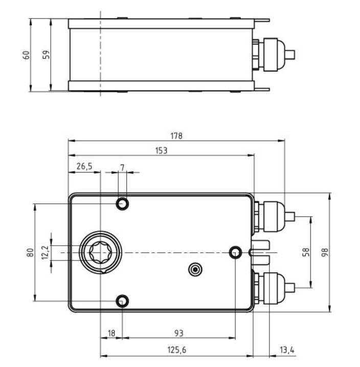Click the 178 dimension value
click(176, 136)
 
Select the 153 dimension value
click(161, 150)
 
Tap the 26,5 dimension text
click(84, 166)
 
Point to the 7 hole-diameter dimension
click(122, 167)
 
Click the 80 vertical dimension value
click(31, 252)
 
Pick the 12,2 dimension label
click(46, 252)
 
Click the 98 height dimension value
click(325, 252)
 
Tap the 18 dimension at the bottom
click(111, 333)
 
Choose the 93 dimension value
click(179, 333)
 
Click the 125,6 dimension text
click(177, 350)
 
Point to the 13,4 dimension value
click(287, 350)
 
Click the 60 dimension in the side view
click(27, 55)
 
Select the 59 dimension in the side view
click(47, 55)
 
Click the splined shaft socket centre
click(101, 252)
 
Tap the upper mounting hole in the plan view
click(122, 204)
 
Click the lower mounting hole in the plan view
click(122, 301)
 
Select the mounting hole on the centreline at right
click(235, 252)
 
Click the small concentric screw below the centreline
click(195, 270)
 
